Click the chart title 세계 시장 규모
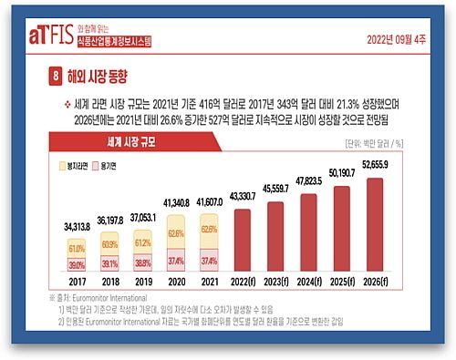pyautogui.click(x=109, y=140)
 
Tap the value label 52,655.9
pyautogui.click(x=377, y=165)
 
